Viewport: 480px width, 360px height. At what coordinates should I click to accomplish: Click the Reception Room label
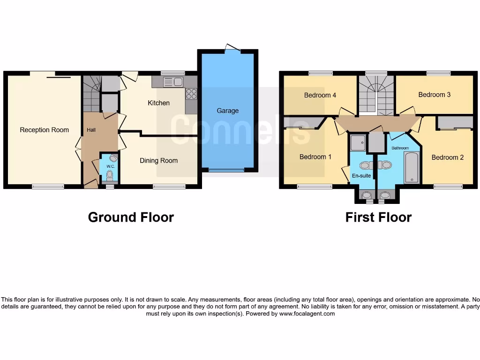click(x=44, y=130)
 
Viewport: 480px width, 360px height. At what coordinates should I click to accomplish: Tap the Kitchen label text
click(x=158, y=103)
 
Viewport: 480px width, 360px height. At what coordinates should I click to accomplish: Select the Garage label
click(x=227, y=111)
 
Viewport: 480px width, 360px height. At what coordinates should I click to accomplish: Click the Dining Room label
click(x=158, y=160)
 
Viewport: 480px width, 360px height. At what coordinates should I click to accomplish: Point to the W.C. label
click(x=111, y=166)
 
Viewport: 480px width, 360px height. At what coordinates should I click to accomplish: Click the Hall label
click(x=91, y=130)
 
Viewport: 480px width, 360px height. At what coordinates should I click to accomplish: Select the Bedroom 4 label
click(x=320, y=95)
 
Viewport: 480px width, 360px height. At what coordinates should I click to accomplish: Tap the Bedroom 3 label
click(x=434, y=95)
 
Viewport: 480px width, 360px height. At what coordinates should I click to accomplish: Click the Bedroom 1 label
click(x=315, y=157)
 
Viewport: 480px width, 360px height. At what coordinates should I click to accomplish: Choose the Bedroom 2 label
click(x=447, y=157)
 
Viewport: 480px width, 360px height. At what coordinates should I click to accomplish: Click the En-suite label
click(x=361, y=176)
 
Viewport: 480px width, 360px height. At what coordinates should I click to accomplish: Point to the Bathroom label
click(x=400, y=148)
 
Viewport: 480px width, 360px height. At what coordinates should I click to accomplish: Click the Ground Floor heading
click(x=131, y=217)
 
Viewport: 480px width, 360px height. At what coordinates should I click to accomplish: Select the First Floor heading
click(x=378, y=217)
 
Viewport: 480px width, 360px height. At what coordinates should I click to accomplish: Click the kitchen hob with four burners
click(x=191, y=94)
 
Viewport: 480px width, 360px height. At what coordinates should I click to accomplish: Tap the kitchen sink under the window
click(x=172, y=82)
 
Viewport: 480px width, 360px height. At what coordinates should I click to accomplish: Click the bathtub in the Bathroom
click(x=412, y=167)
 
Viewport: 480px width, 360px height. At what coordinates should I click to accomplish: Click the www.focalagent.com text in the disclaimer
click(x=307, y=314)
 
